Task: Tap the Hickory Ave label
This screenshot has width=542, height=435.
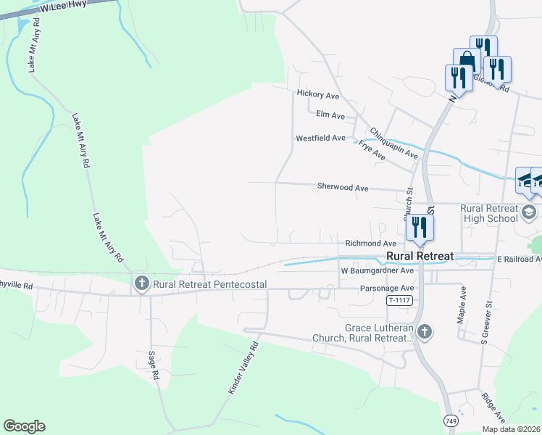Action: coord(317,94)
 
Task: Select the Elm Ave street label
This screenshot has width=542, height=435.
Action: coord(330,115)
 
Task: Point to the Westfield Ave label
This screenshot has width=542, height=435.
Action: coord(320,138)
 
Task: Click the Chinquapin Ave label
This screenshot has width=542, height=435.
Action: coord(394,144)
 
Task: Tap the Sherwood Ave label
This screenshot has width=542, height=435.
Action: coord(343,187)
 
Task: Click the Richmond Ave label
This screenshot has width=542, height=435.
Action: coord(370,244)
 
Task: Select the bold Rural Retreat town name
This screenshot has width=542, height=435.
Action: coord(420,257)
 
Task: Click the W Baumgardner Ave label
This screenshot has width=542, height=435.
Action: coord(377,270)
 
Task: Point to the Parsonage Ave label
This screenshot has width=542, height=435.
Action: coord(386,288)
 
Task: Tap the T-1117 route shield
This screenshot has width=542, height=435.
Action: coord(399,301)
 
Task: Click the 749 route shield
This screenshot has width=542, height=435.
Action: coord(450,421)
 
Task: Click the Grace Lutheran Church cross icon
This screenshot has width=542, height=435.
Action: coord(425,332)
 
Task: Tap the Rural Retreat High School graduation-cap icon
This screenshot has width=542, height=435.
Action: coord(529,212)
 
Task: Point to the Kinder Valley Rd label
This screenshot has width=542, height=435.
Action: coord(243,368)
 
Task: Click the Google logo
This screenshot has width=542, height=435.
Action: coord(24,426)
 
